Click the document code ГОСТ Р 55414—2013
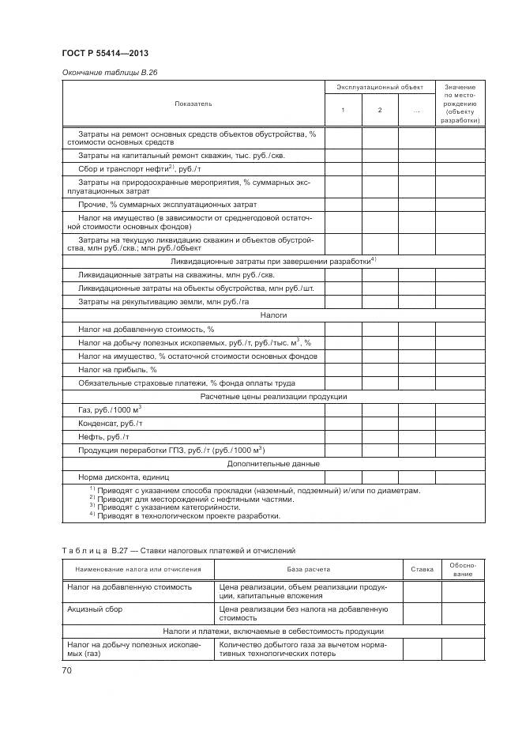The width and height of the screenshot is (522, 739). point(105,53)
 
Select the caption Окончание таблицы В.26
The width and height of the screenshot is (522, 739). point(105,73)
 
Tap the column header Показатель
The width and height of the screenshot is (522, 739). point(193,104)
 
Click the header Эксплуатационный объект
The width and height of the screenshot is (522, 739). point(380,87)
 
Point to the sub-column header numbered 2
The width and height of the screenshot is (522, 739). point(380,110)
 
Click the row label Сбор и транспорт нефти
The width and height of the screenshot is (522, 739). point(140,169)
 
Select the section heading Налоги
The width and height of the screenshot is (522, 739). point(273,315)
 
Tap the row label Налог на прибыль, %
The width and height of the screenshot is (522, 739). point(118,369)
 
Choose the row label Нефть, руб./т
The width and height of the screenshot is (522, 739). point(103,436)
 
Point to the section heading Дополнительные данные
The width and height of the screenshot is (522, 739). point(273,463)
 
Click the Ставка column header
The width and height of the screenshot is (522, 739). point(422,569)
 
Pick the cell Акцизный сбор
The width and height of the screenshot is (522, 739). point(95,609)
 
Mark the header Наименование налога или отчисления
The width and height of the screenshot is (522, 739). point(138,569)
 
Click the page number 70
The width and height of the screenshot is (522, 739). point(67,670)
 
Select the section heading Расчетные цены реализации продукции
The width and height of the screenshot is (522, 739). point(273,396)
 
